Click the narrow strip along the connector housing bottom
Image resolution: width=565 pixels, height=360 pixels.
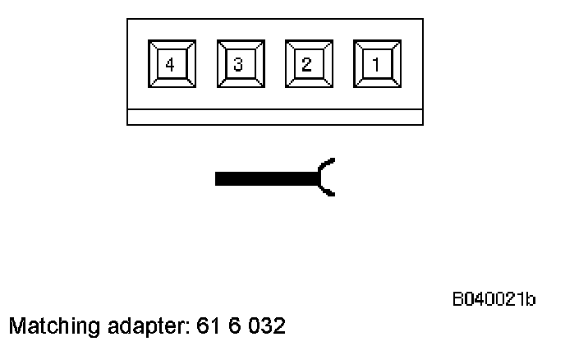(x=275, y=118)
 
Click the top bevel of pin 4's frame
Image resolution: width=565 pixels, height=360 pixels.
(x=170, y=44)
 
